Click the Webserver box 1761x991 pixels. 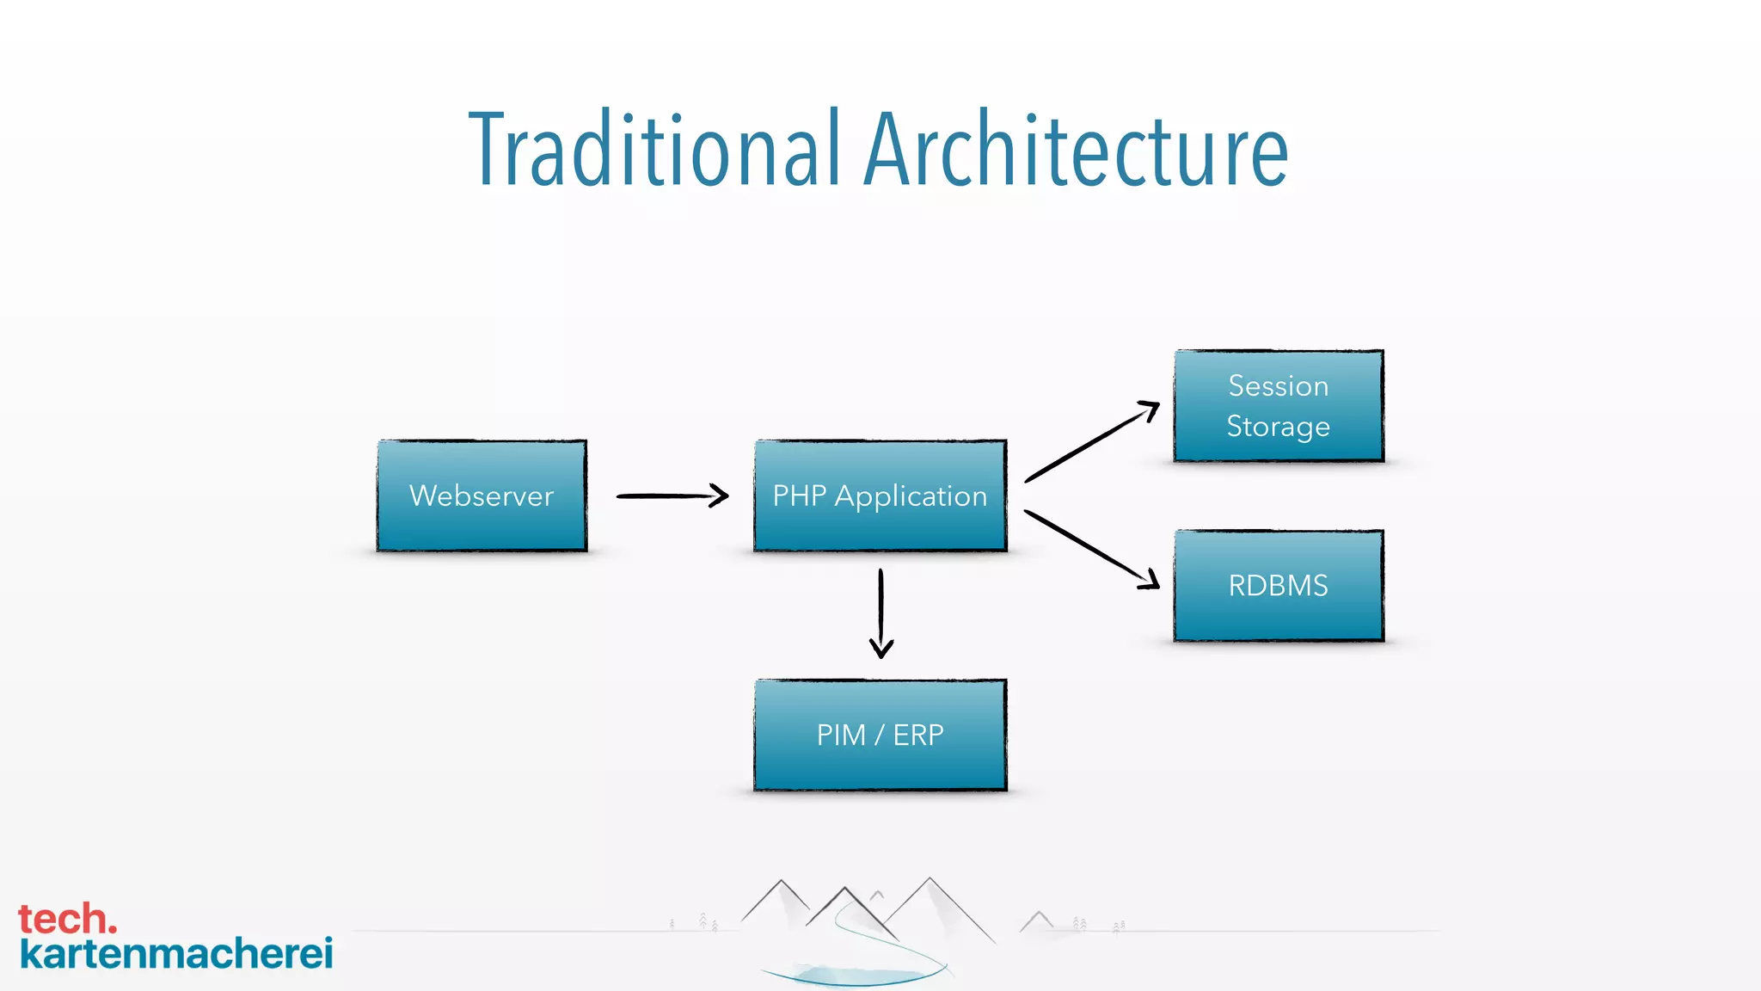point(482,495)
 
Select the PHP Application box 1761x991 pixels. point(880,495)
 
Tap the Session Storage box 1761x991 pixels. point(1279,406)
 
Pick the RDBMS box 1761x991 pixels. point(1279,586)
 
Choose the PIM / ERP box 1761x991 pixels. point(880,735)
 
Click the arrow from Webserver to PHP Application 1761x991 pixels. point(672,495)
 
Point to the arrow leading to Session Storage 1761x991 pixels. point(1091,442)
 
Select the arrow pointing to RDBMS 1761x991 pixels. point(1091,550)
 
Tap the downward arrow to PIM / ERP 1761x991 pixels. point(880,613)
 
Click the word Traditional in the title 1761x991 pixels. point(653,151)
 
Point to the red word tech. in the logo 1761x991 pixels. point(67,919)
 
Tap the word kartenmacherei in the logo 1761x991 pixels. point(176,954)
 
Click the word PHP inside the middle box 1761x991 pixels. point(799,495)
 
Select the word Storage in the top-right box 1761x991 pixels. point(1279,427)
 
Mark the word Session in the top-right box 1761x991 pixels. point(1279,385)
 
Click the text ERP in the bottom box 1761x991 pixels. point(918,735)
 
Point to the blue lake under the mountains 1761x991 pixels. point(851,976)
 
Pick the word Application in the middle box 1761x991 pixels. point(911,496)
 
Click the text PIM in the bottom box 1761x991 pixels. point(840,735)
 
